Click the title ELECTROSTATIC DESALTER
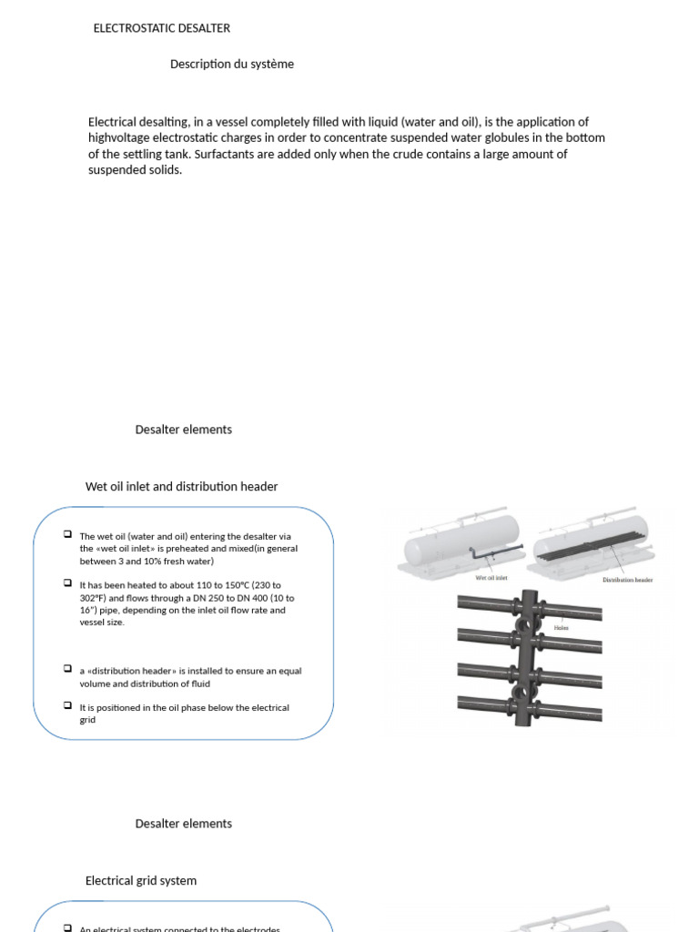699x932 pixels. (161, 28)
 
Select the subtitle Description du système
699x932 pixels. (231, 64)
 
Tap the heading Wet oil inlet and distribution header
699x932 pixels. (181, 486)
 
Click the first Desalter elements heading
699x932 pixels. (183, 430)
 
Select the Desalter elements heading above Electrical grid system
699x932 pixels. (183, 824)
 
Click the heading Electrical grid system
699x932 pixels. (140, 880)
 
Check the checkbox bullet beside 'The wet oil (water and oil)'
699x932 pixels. (68, 535)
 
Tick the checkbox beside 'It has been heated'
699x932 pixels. (68, 583)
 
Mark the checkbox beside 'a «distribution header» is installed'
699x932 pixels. (68, 669)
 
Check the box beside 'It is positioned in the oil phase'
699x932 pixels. (68, 705)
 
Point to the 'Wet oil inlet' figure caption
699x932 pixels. (491, 578)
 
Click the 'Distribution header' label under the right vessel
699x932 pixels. (627, 580)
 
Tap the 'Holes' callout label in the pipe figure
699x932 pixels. (562, 628)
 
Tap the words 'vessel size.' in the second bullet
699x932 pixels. (102, 623)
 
